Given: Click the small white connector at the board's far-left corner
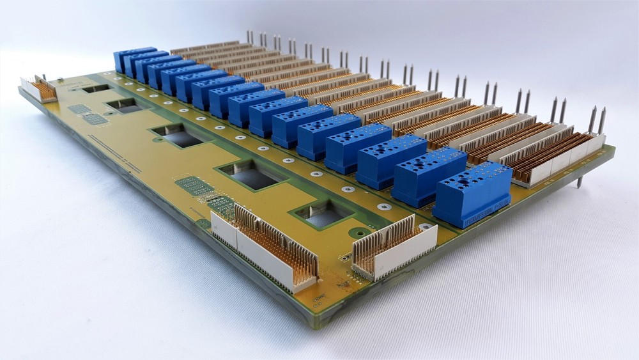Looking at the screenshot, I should (38, 89).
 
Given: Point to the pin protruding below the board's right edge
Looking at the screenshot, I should (579, 182).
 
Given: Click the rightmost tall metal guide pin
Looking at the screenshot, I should (601, 120).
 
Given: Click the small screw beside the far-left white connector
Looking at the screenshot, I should (59, 81).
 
